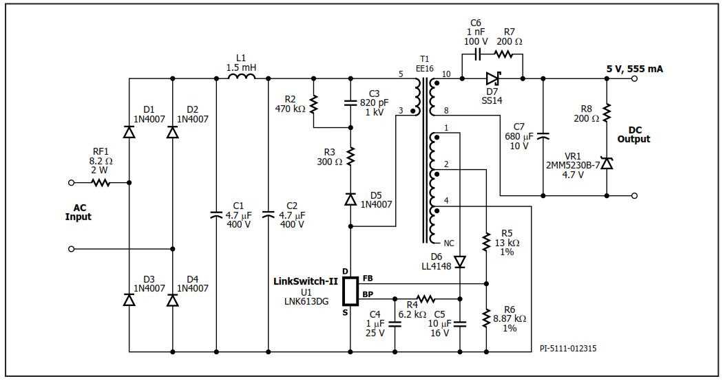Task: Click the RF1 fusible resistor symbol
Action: click(101, 183)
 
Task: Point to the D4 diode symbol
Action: click(172, 300)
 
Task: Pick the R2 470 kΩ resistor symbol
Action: click(314, 105)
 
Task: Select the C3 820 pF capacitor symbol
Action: click(350, 103)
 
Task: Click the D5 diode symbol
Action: click(350, 199)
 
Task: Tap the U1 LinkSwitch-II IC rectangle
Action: click(350, 291)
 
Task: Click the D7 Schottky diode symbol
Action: click(492, 78)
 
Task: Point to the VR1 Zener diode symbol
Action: click(607, 163)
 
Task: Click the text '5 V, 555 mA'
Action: click(634, 69)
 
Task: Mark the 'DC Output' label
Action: click(633, 135)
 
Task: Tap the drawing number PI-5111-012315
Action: click(568, 349)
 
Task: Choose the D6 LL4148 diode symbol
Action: click(460, 261)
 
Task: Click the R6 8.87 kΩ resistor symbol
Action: click(487, 318)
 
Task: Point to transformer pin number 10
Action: click(446, 74)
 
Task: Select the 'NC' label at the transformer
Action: click(449, 243)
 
